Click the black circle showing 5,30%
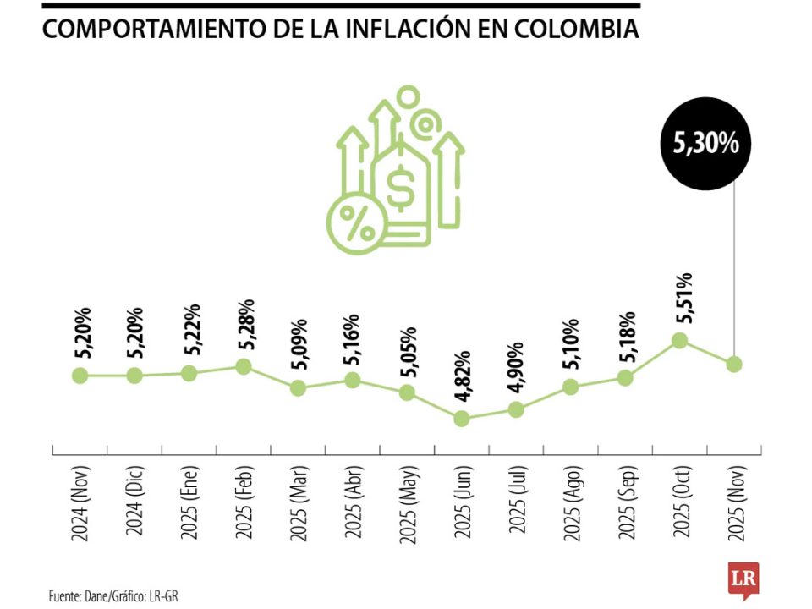[705, 145]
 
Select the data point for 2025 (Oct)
[678, 340]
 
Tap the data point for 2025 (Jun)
[462, 419]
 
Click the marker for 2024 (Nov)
[80, 375]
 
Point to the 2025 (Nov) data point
[733, 364]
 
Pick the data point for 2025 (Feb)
[244, 366]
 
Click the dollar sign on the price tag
[400, 189]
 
